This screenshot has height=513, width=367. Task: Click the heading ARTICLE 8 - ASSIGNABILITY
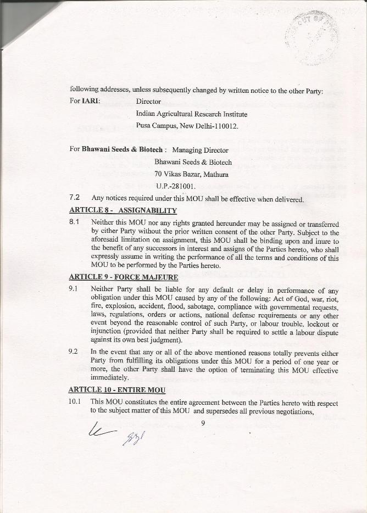[123, 210]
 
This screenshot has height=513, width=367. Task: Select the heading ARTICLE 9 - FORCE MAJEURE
[124, 277]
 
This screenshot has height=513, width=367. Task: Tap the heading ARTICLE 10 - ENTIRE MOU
[117, 389]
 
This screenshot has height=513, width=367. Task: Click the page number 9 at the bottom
[203, 422]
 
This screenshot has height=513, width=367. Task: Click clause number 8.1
[75, 223]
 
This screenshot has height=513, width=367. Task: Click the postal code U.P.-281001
[176, 187]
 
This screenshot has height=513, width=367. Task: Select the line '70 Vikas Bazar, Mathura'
[191, 175]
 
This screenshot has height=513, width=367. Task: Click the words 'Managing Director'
[200, 150]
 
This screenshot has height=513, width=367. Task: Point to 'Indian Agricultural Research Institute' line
[191, 114]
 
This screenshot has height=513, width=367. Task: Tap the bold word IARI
[91, 102]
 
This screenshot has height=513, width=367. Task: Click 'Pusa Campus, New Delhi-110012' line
[187, 126]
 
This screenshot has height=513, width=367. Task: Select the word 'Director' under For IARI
[148, 102]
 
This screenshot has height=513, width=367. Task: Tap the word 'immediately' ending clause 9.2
[110, 378]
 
